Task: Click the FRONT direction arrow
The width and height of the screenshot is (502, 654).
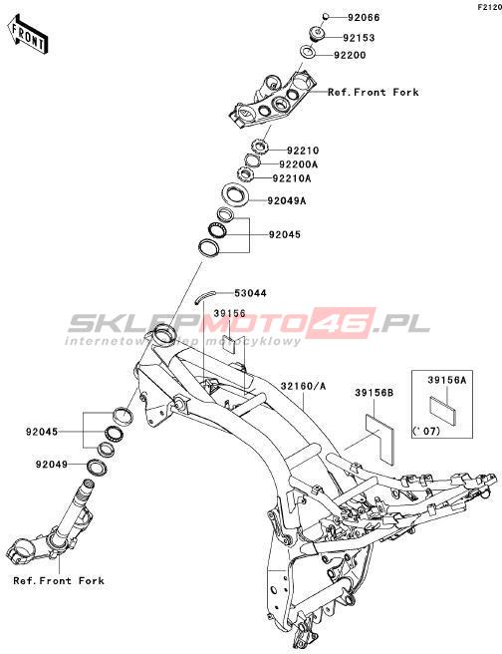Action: [x=28, y=34]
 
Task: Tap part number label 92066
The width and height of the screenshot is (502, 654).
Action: [x=364, y=18]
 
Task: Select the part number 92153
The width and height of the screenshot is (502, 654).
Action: [x=360, y=38]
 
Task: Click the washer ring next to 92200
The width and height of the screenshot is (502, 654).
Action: [x=309, y=52]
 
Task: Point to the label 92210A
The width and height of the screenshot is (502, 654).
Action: [x=292, y=178]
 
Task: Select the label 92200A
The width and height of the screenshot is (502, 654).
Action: [x=298, y=164]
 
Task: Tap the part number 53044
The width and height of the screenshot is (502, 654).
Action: [x=250, y=293]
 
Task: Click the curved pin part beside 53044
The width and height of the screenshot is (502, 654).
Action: [x=204, y=296]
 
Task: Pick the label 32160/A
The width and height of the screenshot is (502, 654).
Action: [x=303, y=387]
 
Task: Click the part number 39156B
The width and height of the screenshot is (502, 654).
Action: [x=374, y=393]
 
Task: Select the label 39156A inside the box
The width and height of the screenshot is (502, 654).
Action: [x=446, y=380]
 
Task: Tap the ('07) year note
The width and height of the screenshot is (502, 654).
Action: [x=426, y=431]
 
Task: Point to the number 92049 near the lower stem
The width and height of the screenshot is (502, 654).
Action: [x=51, y=464]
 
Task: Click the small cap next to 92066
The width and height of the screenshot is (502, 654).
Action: [x=327, y=17]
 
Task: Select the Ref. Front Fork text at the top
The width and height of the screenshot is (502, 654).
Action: [x=373, y=92]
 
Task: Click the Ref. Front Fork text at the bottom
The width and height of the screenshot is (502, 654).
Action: [x=59, y=580]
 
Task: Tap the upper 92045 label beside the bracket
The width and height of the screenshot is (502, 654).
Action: [x=285, y=234]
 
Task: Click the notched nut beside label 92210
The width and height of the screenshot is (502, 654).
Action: [x=260, y=148]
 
